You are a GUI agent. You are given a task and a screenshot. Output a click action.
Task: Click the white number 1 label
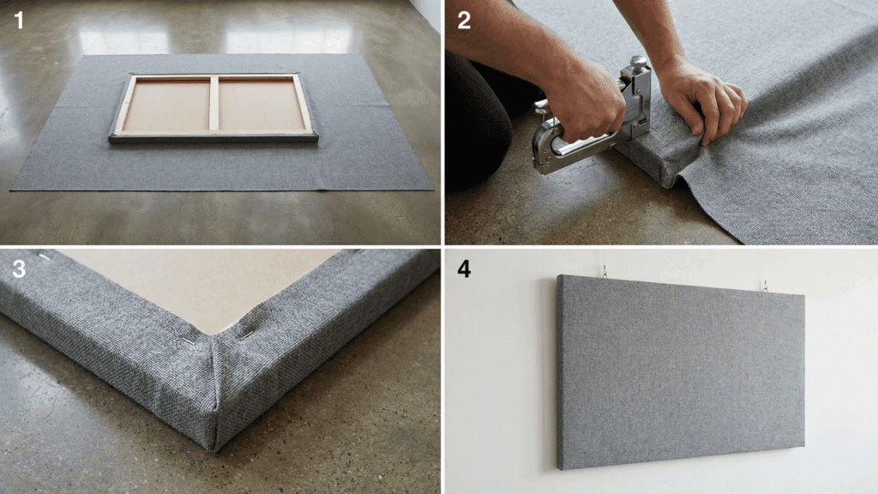(19, 21)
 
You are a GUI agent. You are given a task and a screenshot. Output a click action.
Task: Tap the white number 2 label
(464, 21)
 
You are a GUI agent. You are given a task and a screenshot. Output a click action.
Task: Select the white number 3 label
(19, 268)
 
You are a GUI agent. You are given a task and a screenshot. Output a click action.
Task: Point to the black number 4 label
(464, 268)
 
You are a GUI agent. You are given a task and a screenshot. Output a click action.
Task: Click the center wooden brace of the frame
(213, 104)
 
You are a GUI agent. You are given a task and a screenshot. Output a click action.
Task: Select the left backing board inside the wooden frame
(167, 105)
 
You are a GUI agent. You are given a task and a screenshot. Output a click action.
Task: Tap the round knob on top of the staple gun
(638, 61)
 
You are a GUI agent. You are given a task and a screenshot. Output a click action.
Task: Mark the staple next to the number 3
(45, 257)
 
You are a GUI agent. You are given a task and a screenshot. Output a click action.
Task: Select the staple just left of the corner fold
(189, 340)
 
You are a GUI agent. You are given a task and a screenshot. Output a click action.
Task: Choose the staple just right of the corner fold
(247, 334)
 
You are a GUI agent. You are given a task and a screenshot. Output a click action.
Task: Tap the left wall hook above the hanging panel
(605, 272)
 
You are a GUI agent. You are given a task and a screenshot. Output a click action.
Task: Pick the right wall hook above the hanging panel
(765, 286)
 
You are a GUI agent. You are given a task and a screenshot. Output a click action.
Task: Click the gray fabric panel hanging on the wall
(681, 370)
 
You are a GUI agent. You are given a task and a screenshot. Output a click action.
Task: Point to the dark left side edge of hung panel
(559, 372)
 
